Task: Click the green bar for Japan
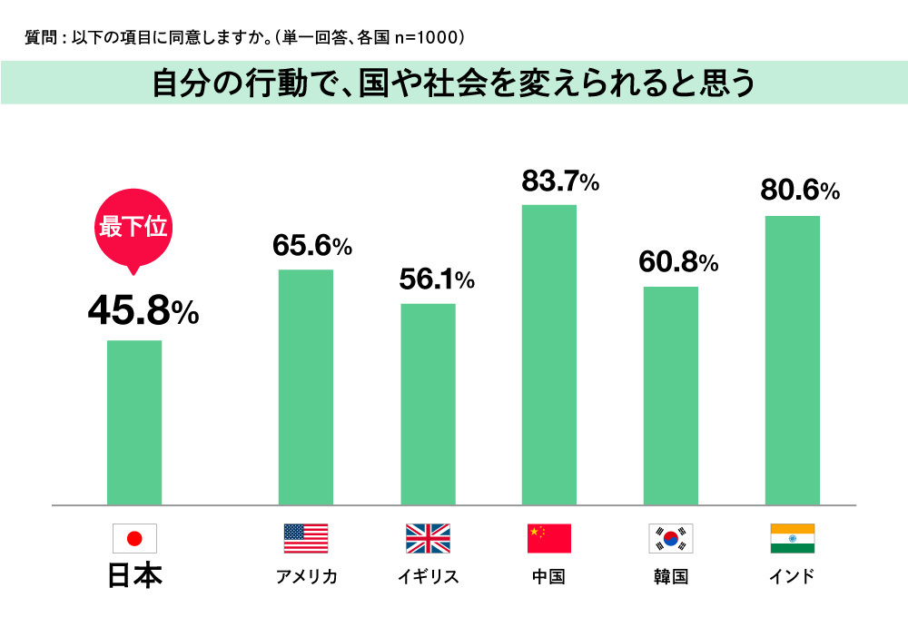coord(134,422)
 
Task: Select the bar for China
coord(549,354)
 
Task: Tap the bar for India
coord(792,359)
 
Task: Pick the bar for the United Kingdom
coord(428,404)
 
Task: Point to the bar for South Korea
coord(671,395)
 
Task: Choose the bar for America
coord(306,387)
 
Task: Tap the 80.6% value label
coord(800,191)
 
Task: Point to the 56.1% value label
coord(437,280)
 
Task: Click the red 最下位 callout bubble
coord(133,227)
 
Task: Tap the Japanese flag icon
coord(134,539)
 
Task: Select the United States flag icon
coord(306,539)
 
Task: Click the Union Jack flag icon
coord(428,539)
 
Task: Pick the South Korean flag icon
coord(671,539)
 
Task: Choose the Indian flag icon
coord(792,539)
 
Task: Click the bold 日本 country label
coord(134,576)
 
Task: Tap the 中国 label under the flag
coord(549,577)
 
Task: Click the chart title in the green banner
coord(454,83)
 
